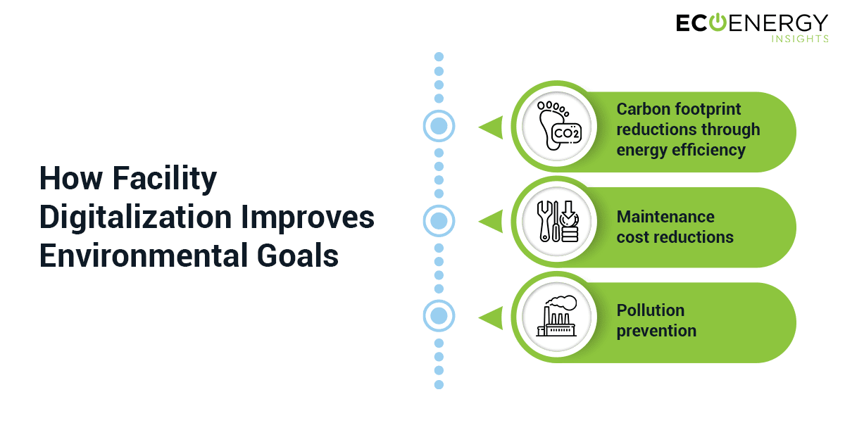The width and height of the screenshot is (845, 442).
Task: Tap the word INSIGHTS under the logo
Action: coord(800,39)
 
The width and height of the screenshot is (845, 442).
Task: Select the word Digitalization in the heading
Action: coord(135,218)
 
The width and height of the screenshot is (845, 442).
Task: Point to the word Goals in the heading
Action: coord(298,255)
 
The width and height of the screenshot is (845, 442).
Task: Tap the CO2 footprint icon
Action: coord(558,125)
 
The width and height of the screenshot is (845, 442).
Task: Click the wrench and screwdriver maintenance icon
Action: coord(558,221)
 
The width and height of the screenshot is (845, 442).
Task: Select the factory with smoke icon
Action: coord(557,315)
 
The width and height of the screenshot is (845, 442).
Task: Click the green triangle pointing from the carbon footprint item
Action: coord(491,127)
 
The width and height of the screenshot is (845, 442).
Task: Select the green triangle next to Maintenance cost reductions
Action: coord(491,222)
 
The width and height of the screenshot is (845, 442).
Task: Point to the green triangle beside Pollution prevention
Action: coord(491,318)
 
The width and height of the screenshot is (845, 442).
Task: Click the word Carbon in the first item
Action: coord(642,109)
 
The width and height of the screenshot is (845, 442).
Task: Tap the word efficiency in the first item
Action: coord(708,150)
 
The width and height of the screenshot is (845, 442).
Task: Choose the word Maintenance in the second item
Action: coord(665,217)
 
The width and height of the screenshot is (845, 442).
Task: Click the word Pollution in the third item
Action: coord(651,310)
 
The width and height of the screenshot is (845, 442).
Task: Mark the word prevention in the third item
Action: coord(656,331)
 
